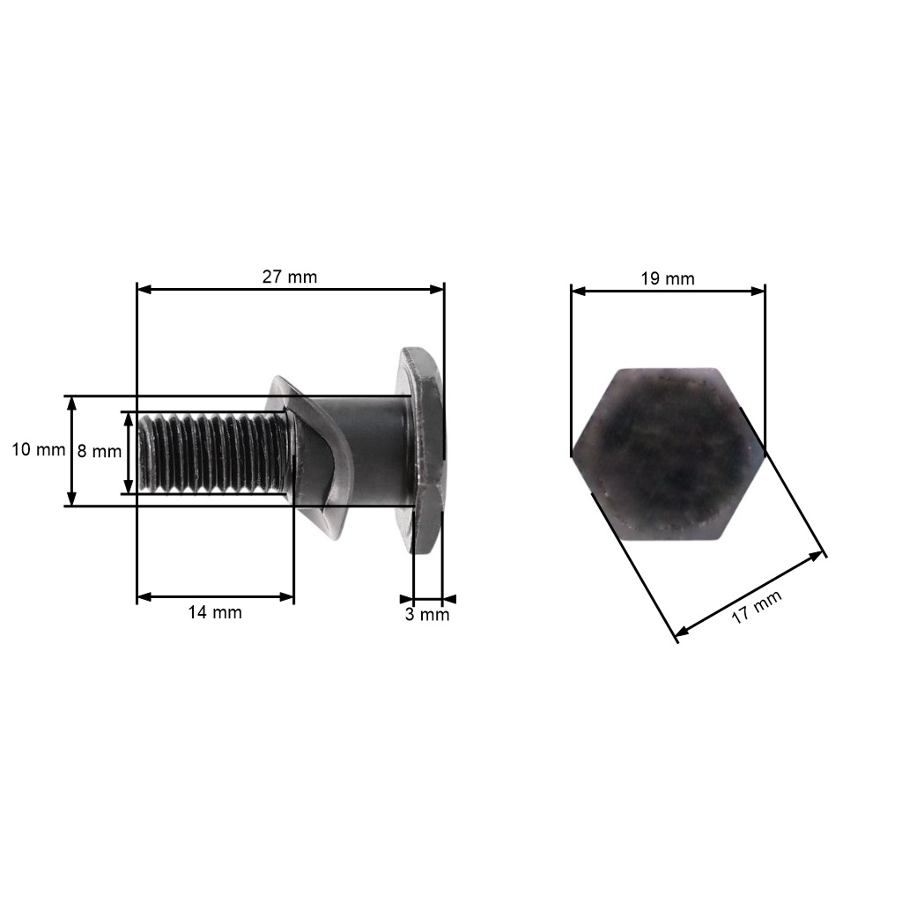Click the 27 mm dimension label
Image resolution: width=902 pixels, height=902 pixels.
290,277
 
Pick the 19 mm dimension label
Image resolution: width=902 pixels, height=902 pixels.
667,279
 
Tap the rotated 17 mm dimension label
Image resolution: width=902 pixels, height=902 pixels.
756,607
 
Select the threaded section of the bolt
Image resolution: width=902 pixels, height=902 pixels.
213,453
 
